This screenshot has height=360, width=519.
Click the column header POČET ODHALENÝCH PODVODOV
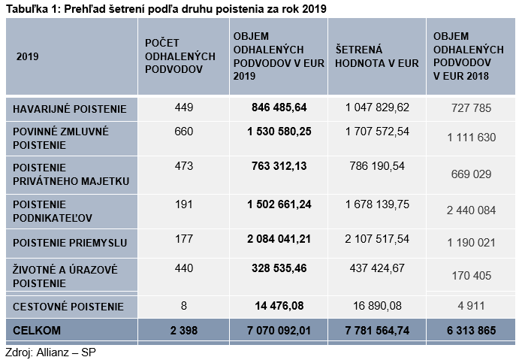point(180,56)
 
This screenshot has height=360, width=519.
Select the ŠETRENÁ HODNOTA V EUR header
point(377,56)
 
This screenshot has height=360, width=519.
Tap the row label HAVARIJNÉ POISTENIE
point(70,109)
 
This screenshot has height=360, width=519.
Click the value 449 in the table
point(184,107)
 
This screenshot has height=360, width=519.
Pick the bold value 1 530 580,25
point(279,132)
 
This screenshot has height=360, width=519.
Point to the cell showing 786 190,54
point(377,165)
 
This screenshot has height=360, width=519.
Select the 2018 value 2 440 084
point(471,210)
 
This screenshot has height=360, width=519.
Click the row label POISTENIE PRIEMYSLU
point(70,243)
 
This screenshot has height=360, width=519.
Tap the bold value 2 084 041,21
point(279,239)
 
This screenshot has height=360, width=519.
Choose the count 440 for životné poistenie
point(184,268)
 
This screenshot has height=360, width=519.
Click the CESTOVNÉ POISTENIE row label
point(68,307)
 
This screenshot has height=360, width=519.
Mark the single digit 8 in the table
point(184,305)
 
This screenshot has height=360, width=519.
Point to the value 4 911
point(471,305)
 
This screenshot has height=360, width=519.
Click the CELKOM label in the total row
point(36,330)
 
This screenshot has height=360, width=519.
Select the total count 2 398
point(184,330)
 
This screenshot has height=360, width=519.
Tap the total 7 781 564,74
point(377,330)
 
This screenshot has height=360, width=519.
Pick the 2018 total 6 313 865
point(471,330)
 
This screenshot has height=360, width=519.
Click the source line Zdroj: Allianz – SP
point(50,352)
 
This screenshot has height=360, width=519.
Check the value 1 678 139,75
point(377,204)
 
